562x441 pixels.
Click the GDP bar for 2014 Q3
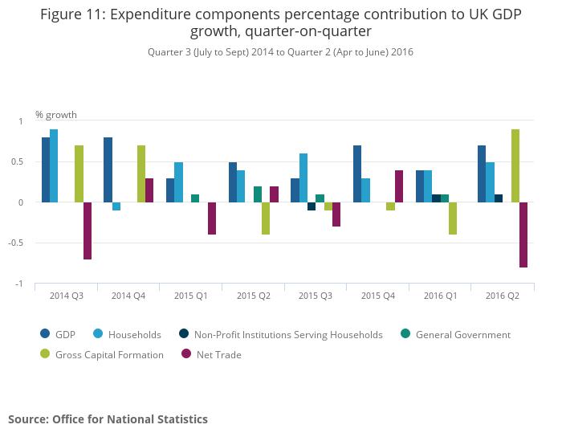click(x=46, y=169)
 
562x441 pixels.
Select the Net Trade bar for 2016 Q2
click(x=523, y=235)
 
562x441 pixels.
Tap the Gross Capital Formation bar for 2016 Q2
click(x=515, y=165)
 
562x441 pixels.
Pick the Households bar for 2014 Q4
click(x=116, y=206)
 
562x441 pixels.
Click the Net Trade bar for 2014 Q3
click(x=88, y=231)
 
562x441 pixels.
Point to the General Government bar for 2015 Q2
click(x=258, y=194)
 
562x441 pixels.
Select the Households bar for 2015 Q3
click(x=303, y=178)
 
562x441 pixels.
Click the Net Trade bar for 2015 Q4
click(x=399, y=186)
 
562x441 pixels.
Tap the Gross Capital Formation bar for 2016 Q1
click(x=453, y=218)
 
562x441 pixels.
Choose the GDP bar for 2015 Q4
click(x=357, y=174)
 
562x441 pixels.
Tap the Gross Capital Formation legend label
click(x=108, y=355)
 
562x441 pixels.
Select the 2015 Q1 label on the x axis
click(x=191, y=296)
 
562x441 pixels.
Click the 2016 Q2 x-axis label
click(x=503, y=296)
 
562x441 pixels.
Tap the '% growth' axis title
click(x=56, y=115)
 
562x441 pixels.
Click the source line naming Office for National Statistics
click(x=108, y=419)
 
